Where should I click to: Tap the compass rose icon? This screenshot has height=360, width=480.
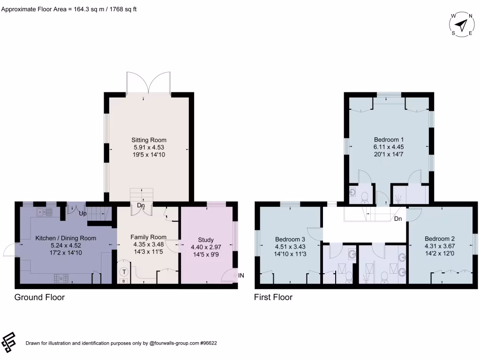pyautogui.click(x=462, y=24)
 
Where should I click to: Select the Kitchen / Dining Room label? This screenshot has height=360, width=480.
pyautogui.click(x=66, y=238)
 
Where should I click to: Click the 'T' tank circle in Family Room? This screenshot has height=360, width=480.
pyautogui.click(x=124, y=271)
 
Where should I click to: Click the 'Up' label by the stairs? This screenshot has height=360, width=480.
pyautogui.click(x=82, y=214)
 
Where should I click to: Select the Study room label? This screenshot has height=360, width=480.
pyautogui.click(x=206, y=240)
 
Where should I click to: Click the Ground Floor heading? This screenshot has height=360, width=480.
pyautogui.click(x=39, y=297)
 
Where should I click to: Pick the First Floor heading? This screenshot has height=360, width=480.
pyautogui.click(x=273, y=297)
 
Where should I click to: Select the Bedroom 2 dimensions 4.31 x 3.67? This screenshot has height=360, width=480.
pyautogui.click(x=440, y=246)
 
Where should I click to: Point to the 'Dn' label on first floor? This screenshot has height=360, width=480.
pyautogui.click(x=398, y=219)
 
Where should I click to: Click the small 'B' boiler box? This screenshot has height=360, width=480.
pyautogui.click(x=124, y=281)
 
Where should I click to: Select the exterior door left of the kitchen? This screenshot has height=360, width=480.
pyautogui.click(x=9, y=251)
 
